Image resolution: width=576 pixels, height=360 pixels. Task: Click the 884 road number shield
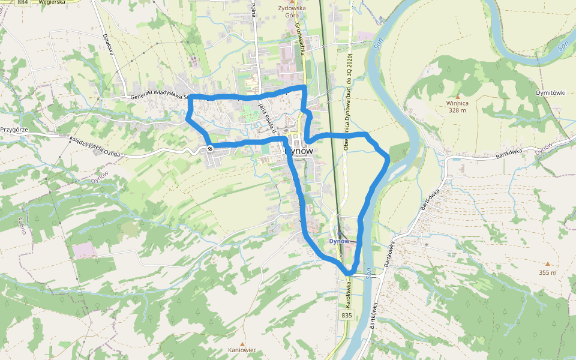click(x=23, y=3)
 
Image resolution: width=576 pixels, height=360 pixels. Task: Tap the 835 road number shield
click(x=346, y=315)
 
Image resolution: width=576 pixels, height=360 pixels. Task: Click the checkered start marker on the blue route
click(x=210, y=148)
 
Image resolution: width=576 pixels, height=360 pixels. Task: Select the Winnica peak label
click(x=457, y=103)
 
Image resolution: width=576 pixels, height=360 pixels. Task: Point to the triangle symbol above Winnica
click(x=457, y=95)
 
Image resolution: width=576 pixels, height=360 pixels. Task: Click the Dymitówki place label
click(x=550, y=93)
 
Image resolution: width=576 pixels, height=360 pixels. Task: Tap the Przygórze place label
click(x=15, y=129)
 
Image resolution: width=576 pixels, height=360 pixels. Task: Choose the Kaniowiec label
click(x=242, y=350)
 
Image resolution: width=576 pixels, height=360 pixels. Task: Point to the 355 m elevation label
click(x=547, y=272)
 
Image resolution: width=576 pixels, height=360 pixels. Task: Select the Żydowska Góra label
click(x=292, y=13)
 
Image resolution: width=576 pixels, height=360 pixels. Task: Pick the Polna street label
click(x=254, y=10)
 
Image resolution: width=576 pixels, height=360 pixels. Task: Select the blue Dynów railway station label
click(x=339, y=241)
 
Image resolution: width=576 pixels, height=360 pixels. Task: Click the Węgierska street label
click(x=50, y=3)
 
